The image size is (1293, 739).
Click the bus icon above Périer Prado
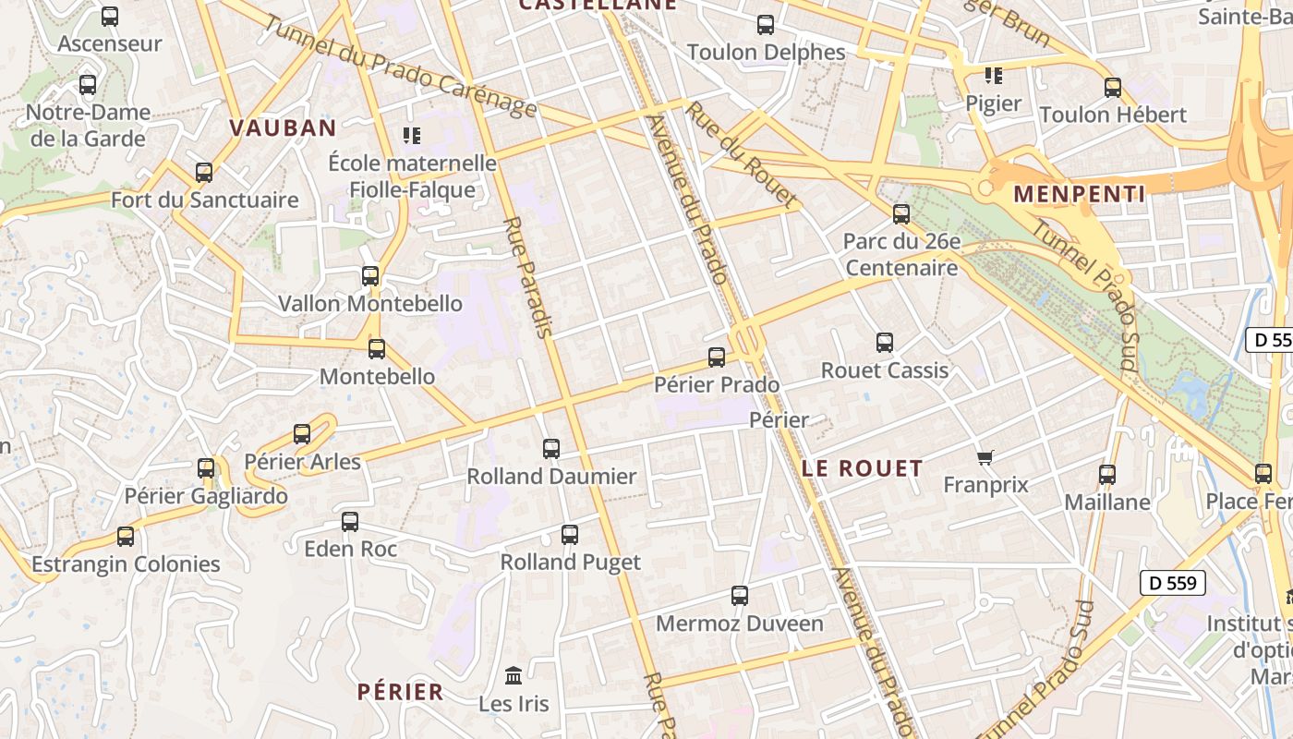[717, 357]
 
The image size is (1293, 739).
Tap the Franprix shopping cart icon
[985, 457]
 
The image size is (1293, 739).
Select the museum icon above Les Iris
[514, 676]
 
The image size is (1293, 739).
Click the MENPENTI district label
[1079, 194]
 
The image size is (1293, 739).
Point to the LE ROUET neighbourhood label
[862, 468]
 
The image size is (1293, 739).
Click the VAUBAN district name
[283, 128]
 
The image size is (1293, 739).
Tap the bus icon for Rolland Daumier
[551, 449]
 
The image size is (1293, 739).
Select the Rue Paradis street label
[529, 277]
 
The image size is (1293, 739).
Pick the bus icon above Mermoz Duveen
[740, 596]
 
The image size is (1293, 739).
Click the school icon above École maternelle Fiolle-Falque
[412, 136]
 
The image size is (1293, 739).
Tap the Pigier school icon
[993, 76]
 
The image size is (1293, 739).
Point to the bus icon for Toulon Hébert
[1113, 88]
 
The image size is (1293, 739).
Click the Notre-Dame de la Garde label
[88, 126]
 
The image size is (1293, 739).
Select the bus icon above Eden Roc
[350, 521]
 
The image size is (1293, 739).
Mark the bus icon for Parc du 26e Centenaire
[901, 214]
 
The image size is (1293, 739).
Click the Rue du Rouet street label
[741, 153]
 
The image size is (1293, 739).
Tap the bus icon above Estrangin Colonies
[126, 537]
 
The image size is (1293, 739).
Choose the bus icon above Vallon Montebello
[370, 275]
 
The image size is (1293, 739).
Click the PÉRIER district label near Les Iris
[401, 692]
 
